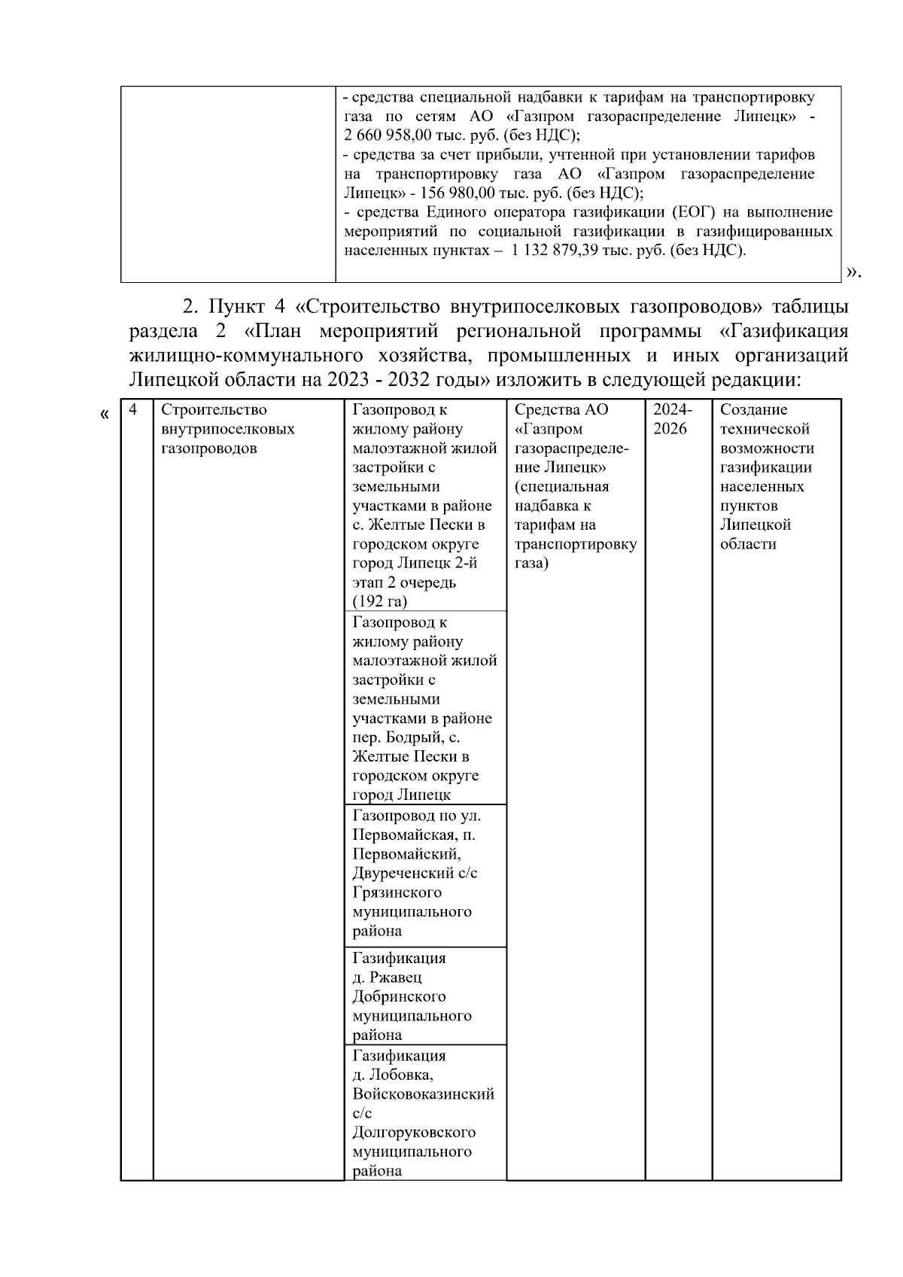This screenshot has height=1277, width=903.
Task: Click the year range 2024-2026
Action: point(671,419)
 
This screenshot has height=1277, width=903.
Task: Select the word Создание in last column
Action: point(753,410)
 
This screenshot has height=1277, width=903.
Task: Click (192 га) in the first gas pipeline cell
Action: point(379,601)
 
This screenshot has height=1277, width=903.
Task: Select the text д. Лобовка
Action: point(391,1075)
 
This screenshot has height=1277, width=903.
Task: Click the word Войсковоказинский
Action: point(423,1094)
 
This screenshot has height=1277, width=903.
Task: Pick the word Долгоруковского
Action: point(413,1133)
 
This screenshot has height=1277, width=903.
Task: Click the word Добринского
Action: point(399,997)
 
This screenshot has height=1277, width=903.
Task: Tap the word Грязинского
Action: point(397,892)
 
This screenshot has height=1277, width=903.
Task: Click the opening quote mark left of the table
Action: point(105,414)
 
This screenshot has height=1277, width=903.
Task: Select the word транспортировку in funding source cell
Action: point(575,544)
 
